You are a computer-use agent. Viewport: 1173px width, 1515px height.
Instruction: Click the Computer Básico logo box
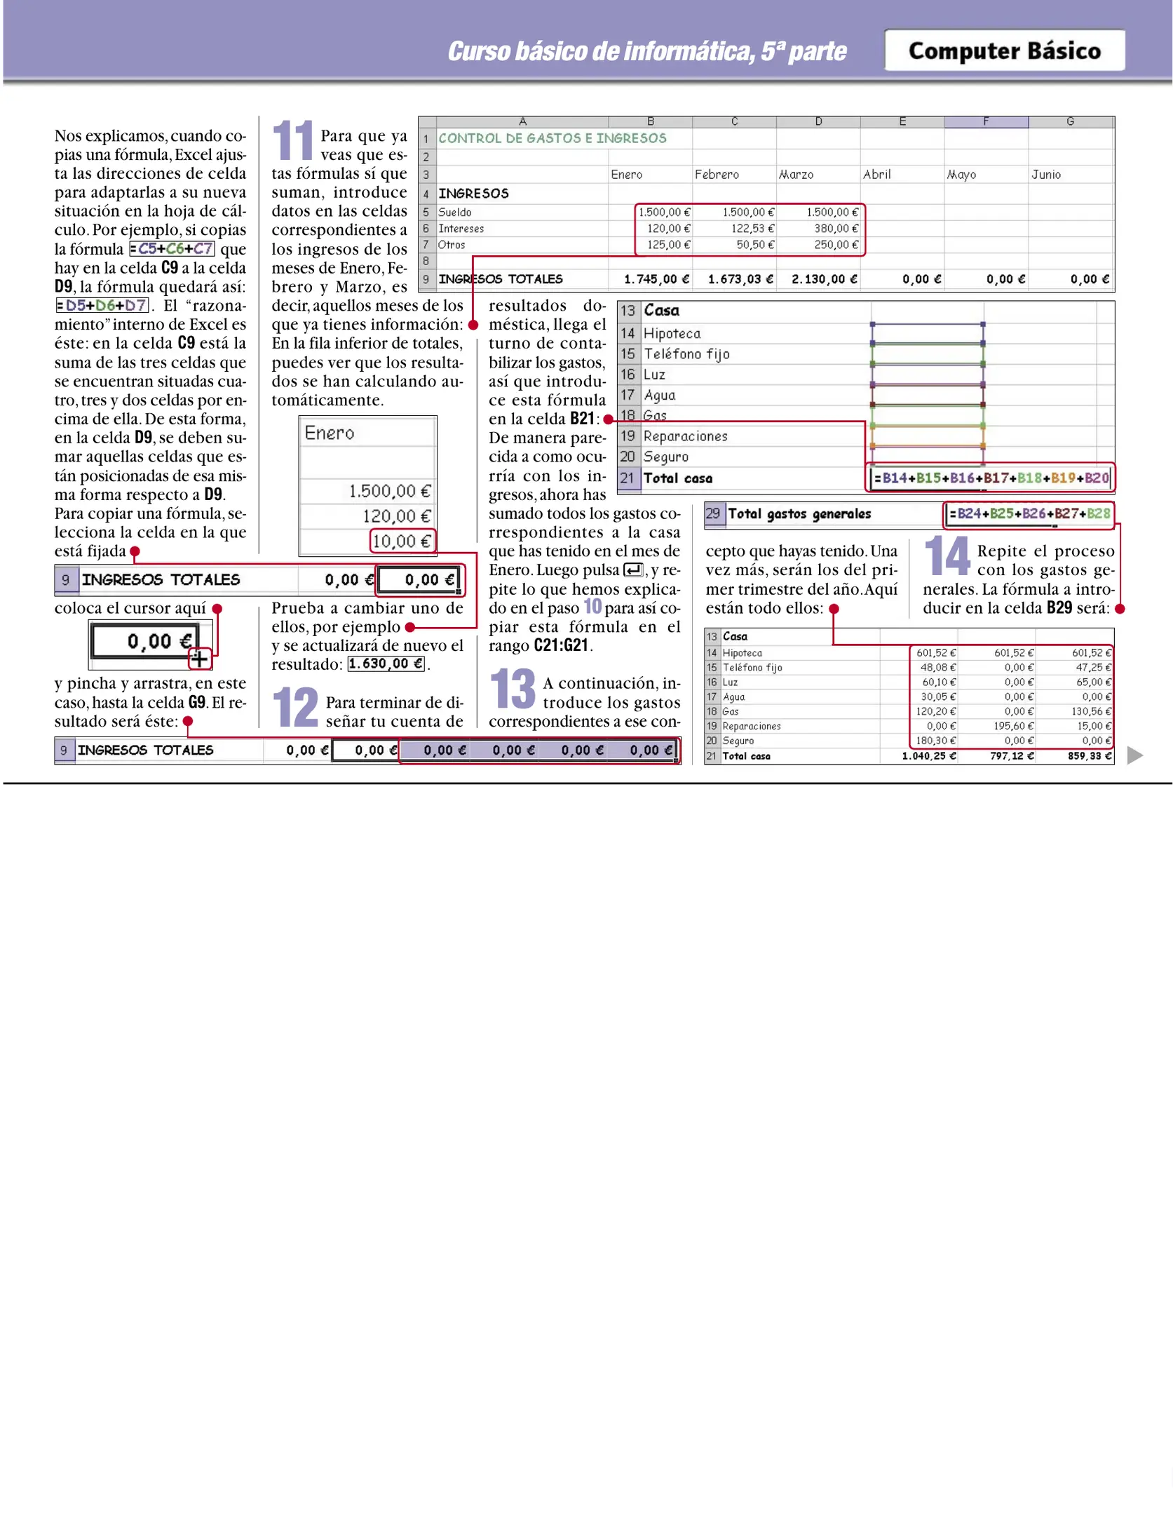[1004, 50]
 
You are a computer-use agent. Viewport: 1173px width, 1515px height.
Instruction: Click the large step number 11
[292, 140]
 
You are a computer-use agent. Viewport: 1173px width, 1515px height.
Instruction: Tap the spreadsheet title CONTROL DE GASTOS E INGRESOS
[552, 138]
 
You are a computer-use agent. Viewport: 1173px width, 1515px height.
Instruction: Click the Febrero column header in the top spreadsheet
[716, 175]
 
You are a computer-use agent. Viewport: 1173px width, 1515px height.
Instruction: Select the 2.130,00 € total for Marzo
[824, 279]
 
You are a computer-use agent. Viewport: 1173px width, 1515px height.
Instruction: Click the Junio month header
[1045, 175]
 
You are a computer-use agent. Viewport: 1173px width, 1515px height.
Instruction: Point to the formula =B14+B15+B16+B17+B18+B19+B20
[991, 478]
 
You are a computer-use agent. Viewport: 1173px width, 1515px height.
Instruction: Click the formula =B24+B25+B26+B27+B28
[1029, 513]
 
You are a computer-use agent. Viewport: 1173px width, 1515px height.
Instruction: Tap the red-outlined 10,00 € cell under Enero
[402, 541]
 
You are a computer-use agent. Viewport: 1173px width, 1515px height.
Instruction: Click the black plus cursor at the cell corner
[200, 659]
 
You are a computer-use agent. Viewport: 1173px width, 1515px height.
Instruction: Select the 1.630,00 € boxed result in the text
[386, 664]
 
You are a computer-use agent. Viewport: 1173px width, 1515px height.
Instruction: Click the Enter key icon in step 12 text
[633, 570]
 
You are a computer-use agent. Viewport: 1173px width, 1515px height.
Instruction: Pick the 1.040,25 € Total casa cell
[928, 756]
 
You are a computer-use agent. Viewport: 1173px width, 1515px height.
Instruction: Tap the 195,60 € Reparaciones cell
[1012, 726]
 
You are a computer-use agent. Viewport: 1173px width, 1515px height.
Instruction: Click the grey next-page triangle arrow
[1134, 755]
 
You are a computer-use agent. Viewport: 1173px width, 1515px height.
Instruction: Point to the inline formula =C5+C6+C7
[172, 249]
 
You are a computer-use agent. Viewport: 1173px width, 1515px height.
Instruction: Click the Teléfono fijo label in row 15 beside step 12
[686, 354]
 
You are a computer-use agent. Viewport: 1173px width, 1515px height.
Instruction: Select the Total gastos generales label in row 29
[799, 514]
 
